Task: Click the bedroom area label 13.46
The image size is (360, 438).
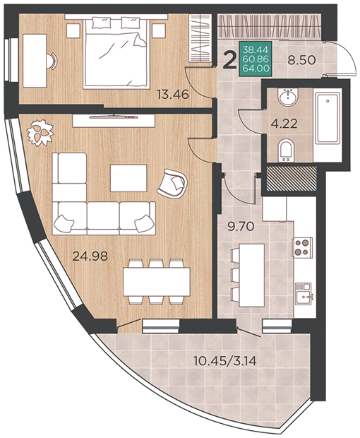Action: [x=173, y=94]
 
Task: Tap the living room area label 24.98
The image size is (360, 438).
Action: [x=90, y=256]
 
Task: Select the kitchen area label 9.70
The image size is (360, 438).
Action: [x=241, y=226]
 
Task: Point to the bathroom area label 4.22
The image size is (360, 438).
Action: [x=284, y=124]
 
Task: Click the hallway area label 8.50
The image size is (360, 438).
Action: [x=301, y=60]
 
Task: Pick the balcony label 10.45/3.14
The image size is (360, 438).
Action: [x=225, y=361]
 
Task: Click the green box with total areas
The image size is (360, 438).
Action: [x=256, y=59]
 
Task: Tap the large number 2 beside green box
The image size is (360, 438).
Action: [x=229, y=60]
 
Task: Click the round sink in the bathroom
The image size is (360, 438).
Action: [x=288, y=97]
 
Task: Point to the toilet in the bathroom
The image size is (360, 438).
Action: [x=287, y=150]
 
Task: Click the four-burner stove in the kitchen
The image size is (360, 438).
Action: [x=302, y=247]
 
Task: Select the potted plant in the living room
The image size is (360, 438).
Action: [x=40, y=132]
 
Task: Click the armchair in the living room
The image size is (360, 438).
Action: [x=172, y=184]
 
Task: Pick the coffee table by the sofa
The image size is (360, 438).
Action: [x=128, y=178]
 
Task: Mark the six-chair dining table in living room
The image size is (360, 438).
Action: [x=157, y=281]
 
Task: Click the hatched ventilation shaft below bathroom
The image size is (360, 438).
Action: [x=292, y=179]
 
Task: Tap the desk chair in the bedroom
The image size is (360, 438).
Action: [x=52, y=61]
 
